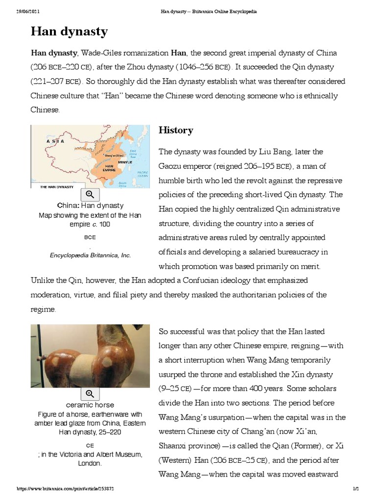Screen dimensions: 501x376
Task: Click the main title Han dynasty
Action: click(x=69, y=32)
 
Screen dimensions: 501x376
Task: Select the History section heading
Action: click(x=176, y=130)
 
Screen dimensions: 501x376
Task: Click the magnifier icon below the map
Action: click(x=90, y=194)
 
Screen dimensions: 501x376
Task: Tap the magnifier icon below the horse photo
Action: click(x=90, y=393)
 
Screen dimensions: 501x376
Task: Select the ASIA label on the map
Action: click(x=55, y=141)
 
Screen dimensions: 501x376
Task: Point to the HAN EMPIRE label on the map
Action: click(x=110, y=168)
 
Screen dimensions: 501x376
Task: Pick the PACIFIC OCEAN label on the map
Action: click(x=142, y=174)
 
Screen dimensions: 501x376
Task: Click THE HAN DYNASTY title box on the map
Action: click(x=51, y=186)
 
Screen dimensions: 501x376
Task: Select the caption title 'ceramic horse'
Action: click(x=90, y=405)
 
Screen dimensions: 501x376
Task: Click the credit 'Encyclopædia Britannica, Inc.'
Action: click(x=90, y=255)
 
